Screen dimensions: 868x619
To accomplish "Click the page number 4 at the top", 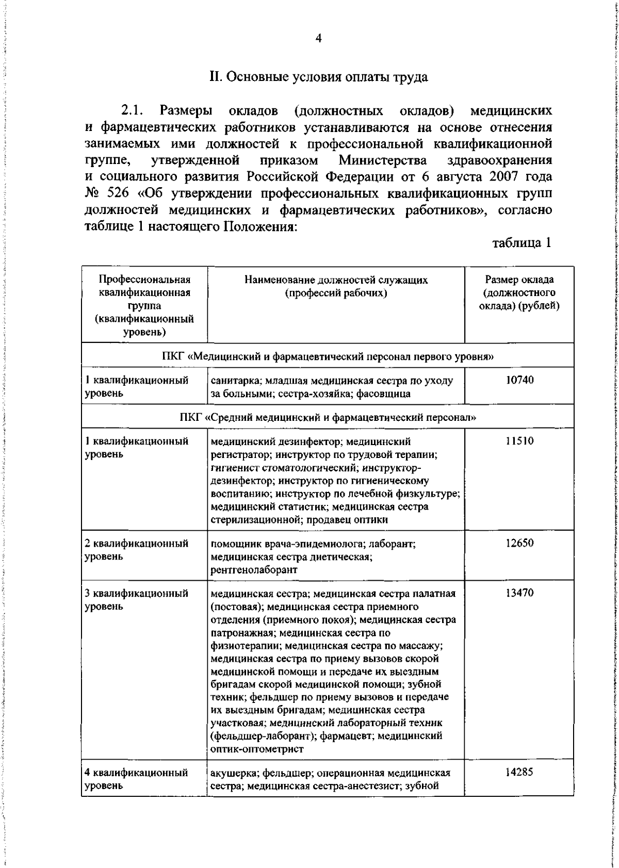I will click(318, 39).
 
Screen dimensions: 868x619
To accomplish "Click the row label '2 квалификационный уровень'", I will click(137, 550).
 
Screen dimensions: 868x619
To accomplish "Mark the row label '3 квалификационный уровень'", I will click(137, 600).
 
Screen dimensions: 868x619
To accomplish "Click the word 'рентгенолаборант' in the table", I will click(254, 570).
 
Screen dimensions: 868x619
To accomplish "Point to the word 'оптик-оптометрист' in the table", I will click(257, 749).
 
